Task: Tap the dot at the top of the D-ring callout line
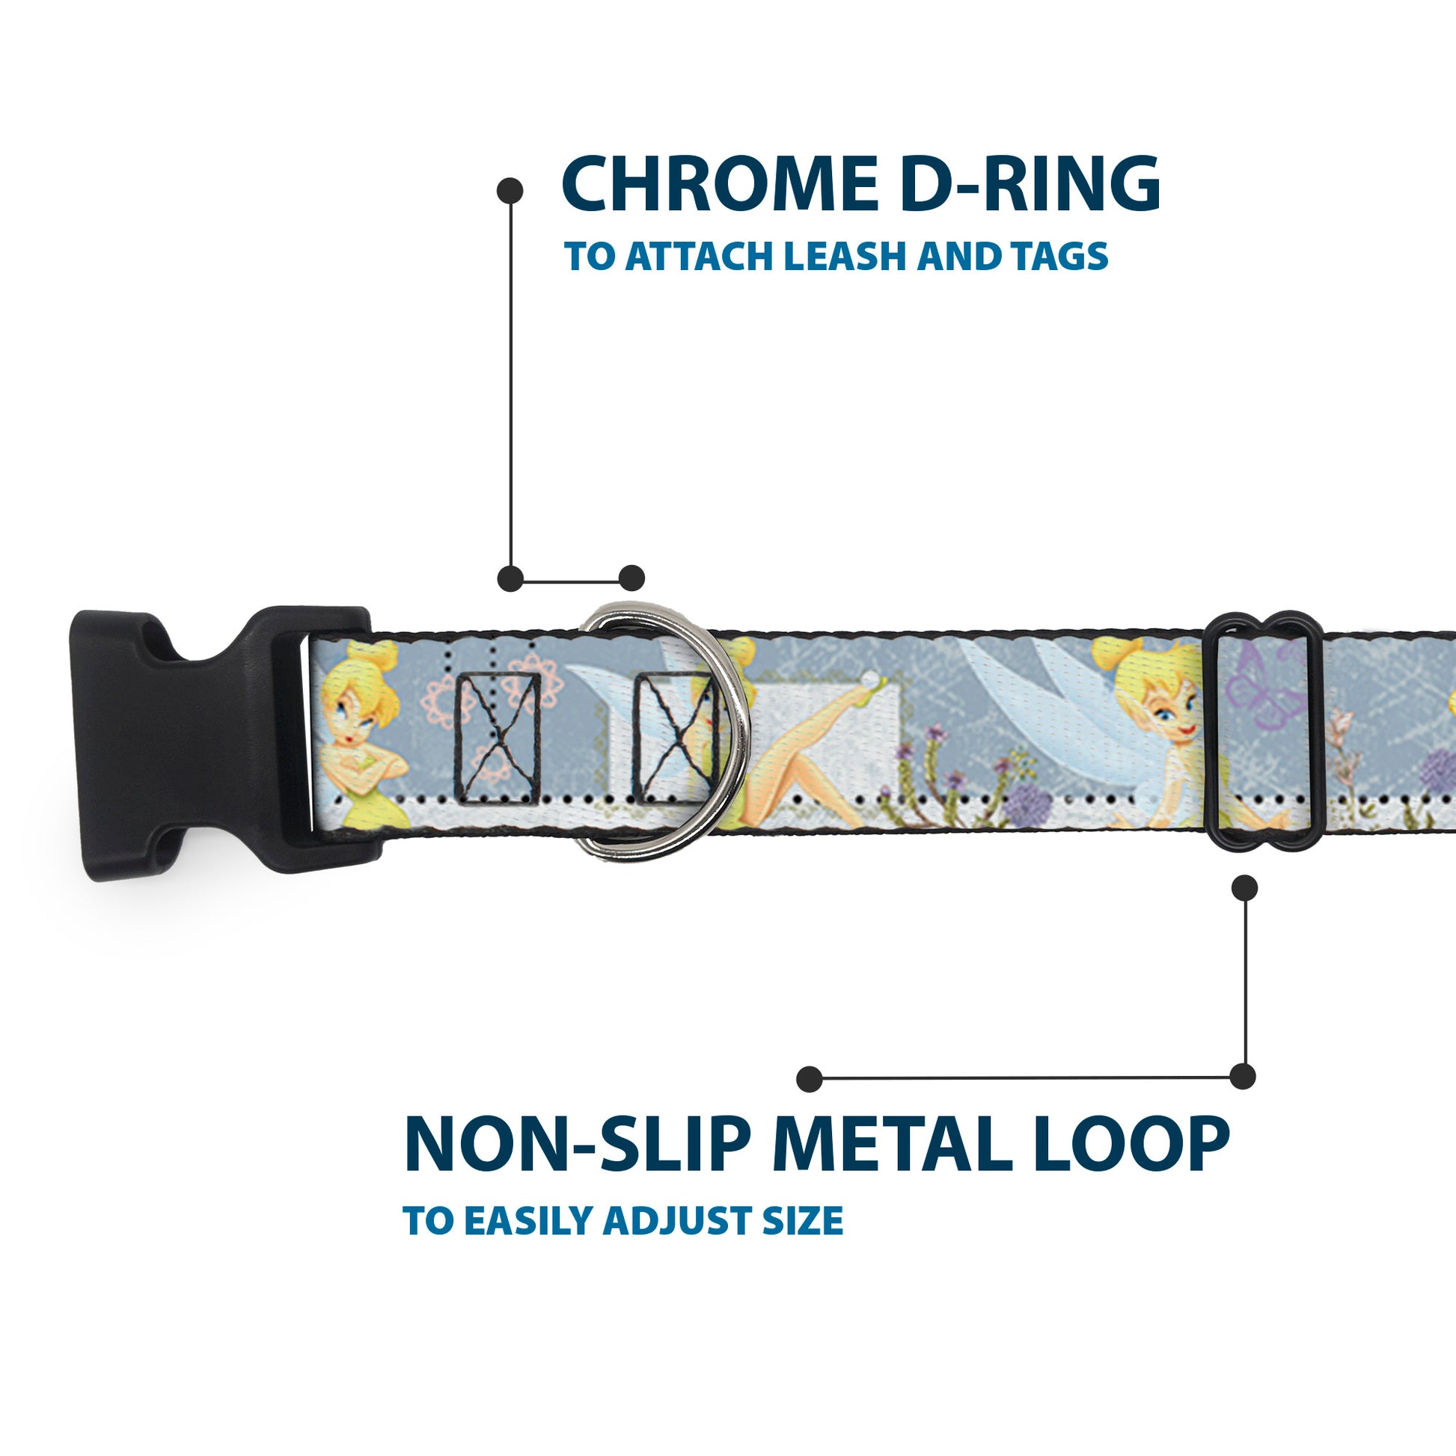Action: tap(510, 191)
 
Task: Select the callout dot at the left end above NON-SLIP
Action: tap(809, 1078)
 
